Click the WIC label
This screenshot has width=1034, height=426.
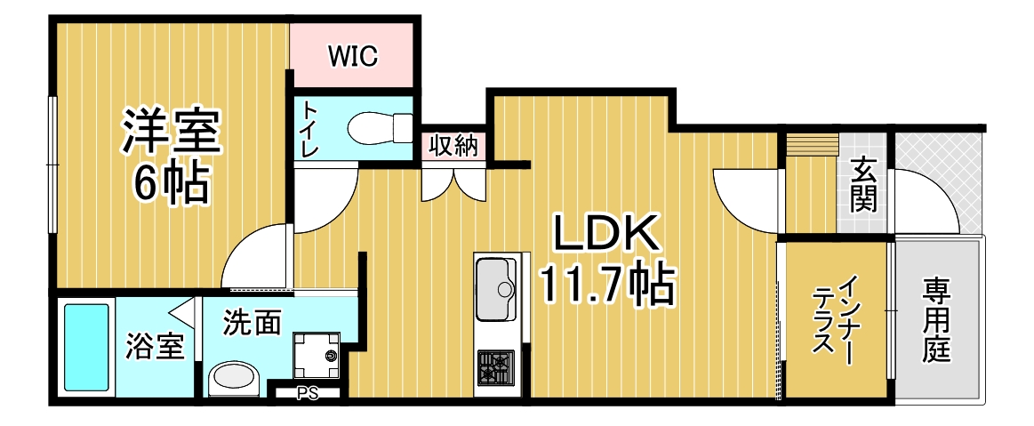click(x=354, y=57)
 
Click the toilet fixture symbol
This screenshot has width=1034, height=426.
click(x=380, y=129)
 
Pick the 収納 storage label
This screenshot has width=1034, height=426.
click(x=453, y=145)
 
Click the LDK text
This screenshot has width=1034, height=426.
click(x=606, y=233)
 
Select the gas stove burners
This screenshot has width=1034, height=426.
click(x=496, y=367)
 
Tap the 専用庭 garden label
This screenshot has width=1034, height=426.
click(x=936, y=320)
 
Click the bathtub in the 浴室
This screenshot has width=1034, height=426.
click(x=85, y=347)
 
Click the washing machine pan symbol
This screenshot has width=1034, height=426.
click(x=317, y=355)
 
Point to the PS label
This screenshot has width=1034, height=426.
click(x=308, y=394)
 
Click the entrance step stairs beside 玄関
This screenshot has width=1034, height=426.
click(x=812, y=144)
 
